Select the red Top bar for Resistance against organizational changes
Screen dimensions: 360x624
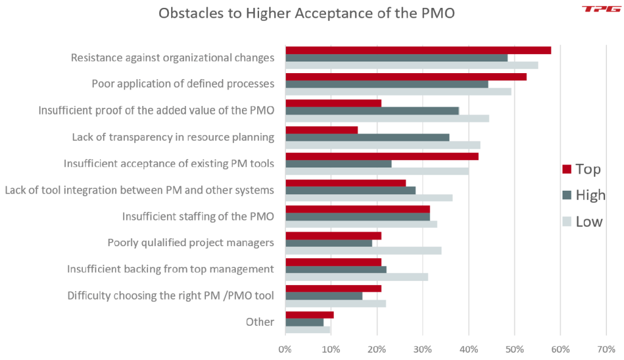pos(418,50)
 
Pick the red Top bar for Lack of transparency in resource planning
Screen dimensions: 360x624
pos(321,130)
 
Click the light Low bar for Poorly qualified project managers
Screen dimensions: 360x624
pos(363,250)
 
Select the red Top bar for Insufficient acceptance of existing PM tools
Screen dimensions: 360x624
pos(381,156)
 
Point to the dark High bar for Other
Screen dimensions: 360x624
pos(304,322)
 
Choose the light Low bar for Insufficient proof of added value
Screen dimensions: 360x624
pos(387,118)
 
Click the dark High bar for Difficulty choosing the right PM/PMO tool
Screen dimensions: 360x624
pos(324,296)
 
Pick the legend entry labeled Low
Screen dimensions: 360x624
pos(582,222)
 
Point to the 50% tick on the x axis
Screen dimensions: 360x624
pos(514,350)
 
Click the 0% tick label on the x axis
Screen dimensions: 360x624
pos(285,350)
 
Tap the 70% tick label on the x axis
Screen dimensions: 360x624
pos(606,350)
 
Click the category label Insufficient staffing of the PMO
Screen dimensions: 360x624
pos(198,216)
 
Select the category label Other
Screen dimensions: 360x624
pos(260,322)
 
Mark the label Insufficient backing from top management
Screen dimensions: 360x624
pos(171,269)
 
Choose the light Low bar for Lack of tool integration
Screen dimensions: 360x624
pos(369,198)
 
